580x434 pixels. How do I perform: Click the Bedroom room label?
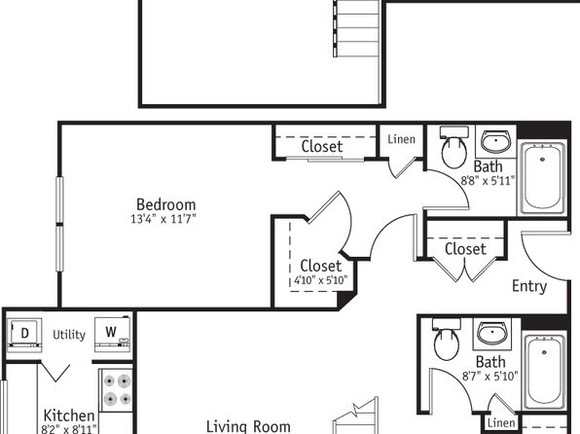(x=166, y=204)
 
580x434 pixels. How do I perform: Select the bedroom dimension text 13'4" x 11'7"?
(x=163, y=219)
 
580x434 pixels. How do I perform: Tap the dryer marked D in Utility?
(x=24, y=334)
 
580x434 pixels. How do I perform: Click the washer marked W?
(x=112, y=334)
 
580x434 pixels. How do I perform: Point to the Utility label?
(x=69, y=335)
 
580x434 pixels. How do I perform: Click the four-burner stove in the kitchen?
(x=117, y=389)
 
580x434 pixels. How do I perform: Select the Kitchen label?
(x=69, y=416)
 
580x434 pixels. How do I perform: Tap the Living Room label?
(x=248, y=426)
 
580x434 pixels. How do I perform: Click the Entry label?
(x=529, y=286)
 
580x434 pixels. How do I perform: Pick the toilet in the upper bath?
(x=454, y=147)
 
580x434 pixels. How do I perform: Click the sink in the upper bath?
(x=495, y=141)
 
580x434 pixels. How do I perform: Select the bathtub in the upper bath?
(x=543, y=178)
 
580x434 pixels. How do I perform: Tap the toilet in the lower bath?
(x=447, y=340)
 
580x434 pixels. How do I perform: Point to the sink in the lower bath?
(x=492, y=332)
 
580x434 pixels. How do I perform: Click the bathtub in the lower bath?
(x=544, y=371)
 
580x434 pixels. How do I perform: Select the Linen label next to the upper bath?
(x=401, y=139)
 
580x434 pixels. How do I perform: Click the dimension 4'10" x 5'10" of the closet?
(x=321, y=280)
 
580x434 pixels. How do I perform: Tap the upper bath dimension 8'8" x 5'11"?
(x=488, y=181)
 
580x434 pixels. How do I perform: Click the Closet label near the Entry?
(x=465, y=249)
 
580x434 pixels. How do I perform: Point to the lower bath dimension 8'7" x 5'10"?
(x=490, y=377)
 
